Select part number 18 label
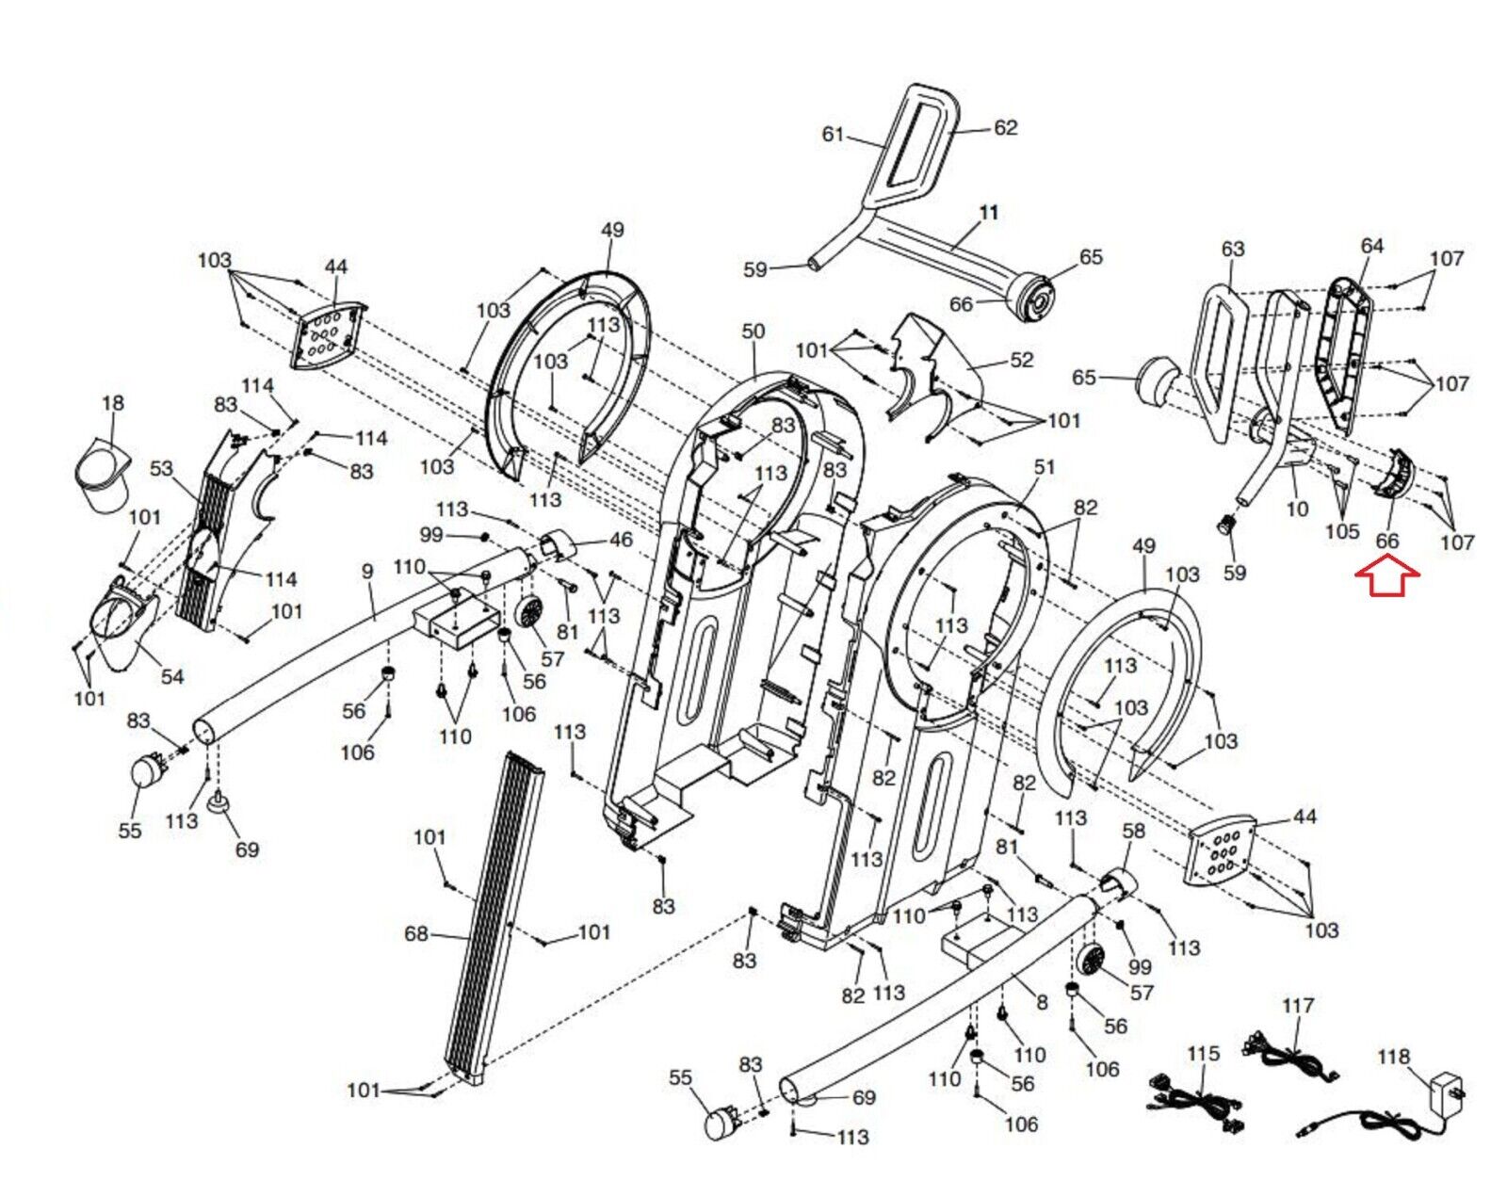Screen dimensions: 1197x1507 [112, 403]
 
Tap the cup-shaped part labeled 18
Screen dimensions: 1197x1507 [103, 475]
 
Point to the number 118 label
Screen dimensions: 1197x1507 [1393, 1057]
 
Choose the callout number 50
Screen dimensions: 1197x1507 [753, 332]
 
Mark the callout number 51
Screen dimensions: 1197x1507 [1045, 467]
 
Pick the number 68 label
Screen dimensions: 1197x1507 [416, 933]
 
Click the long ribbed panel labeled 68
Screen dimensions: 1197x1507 [494, 914]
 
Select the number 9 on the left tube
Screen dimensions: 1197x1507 [367, 571]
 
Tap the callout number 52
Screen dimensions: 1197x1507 [1021, 360]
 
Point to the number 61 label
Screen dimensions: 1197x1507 [833, 135]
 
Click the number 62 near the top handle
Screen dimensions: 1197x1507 [1006, 127]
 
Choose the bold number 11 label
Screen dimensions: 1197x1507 [988, 213]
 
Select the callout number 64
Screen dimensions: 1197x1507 [1372, 246]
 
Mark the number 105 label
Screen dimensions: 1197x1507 [1342, 531]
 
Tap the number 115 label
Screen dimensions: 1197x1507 [1203, 1053]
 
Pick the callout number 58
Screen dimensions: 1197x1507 [1134, 830]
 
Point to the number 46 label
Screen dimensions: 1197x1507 [621, 540]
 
